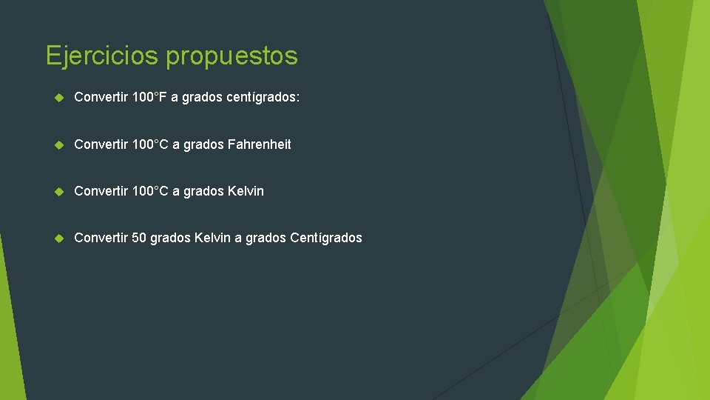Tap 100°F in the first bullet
[x=149, y=98]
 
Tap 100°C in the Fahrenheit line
[x=150, y=144]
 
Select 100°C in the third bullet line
[x=150, y=191]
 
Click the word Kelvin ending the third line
[x=246, y=191]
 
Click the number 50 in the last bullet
[x=139, y=238]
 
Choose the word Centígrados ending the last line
[x=326, y=238]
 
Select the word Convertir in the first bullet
[x=101, y=98]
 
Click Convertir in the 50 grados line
[x=101, y=238]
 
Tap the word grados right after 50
[x=170, y=239]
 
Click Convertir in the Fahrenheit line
[x=101, y=144]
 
